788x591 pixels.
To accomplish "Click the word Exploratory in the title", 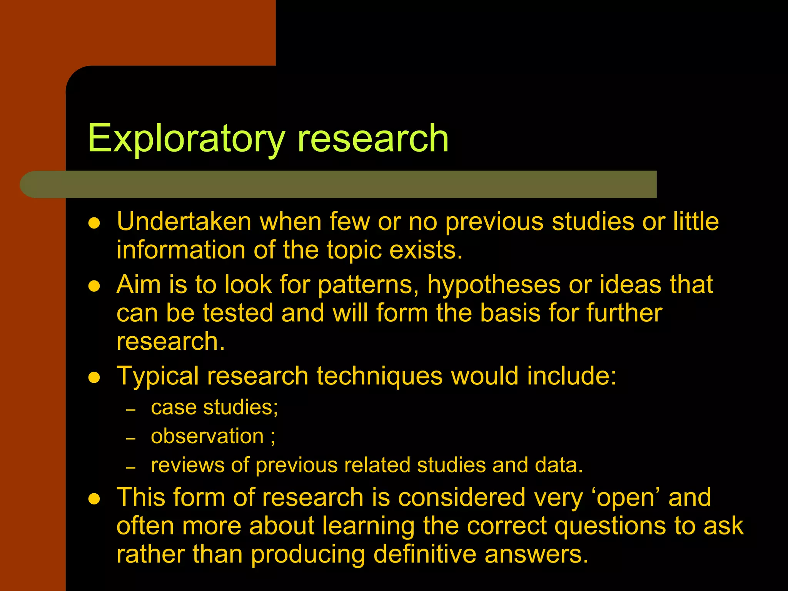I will pos(186,139).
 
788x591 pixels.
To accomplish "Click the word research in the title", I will pos(373,139).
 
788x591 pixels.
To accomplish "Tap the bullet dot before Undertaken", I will pos(94,223).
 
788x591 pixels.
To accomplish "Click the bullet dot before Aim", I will pos(94,286).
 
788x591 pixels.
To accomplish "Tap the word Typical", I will pos(158,376).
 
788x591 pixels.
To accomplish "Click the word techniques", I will pos(379,376).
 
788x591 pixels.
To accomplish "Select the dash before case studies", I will pos(131,410).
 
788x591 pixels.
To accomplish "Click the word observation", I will pos(207,436).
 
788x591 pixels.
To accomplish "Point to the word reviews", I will pos(187,465).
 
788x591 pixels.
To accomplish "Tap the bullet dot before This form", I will pos(94,499).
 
